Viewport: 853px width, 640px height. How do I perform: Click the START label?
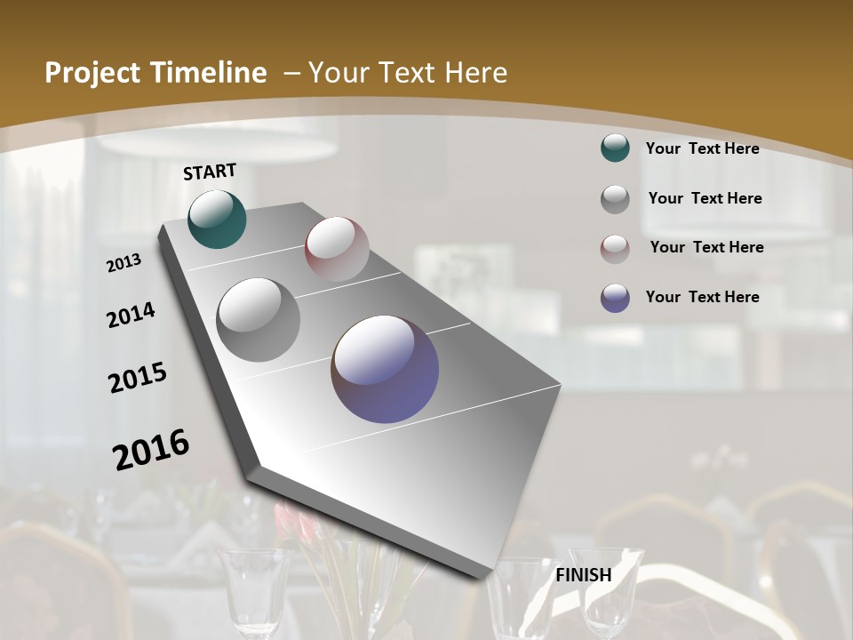[x=210, y=172]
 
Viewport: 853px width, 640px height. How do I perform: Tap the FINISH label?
[x=584, y=575]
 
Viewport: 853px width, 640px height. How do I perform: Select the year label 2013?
[x=124, y=263]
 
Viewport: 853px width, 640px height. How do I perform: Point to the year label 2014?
[x=132, y=315]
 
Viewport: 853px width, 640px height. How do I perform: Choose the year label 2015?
[x=138, y=378]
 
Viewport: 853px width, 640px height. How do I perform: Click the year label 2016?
[x=151, y=450]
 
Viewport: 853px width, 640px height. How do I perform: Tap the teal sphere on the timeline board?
[x=217, y=219]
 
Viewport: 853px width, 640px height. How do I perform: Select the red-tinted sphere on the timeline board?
[x=337, y=249]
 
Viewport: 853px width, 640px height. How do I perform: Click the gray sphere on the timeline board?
[x=259, y=319]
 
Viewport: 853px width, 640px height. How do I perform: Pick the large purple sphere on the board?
[x=385, y=368]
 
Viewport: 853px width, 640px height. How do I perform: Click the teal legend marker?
[x=615, y=148]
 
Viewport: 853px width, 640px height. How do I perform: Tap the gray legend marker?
[x=615, y=198]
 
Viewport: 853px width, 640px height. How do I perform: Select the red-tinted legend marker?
[x=615, y=248]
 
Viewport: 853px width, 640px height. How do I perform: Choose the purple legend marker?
[x=615, y=297]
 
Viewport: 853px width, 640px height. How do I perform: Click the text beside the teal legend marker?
[x=702, y=148]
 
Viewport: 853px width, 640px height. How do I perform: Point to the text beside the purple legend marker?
[x=702, y=297]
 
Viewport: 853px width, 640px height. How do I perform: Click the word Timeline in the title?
[x=203, y=73]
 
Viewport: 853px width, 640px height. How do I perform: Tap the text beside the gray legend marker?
[x=705, y=198]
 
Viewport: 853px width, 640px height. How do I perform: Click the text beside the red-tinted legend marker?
[x=706, y=247]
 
